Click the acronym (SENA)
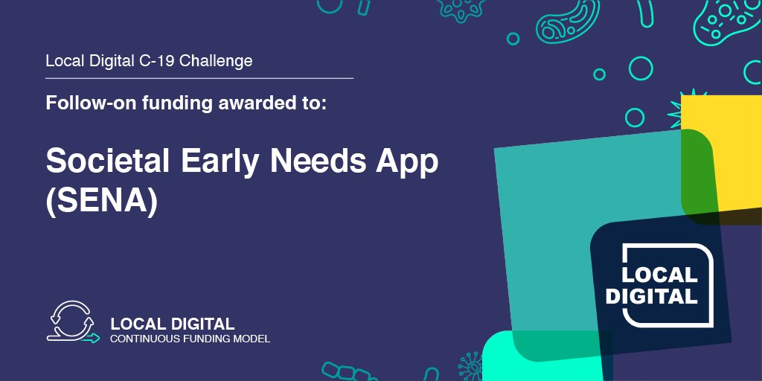point(101,202)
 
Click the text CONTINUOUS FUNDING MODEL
point(190,339)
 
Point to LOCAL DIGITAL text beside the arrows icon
point(172,324)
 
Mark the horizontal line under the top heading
point(199,77)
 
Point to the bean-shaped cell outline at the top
point(563,25)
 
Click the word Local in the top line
point(63,61)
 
